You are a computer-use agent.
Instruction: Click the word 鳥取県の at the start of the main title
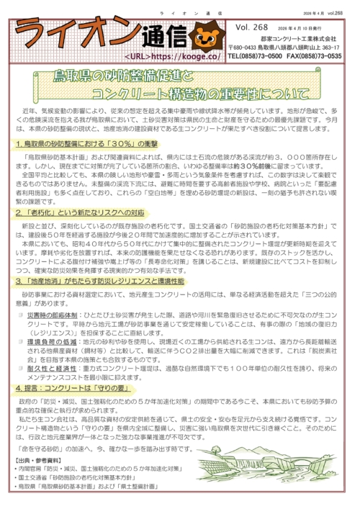[x=78, y=76]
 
